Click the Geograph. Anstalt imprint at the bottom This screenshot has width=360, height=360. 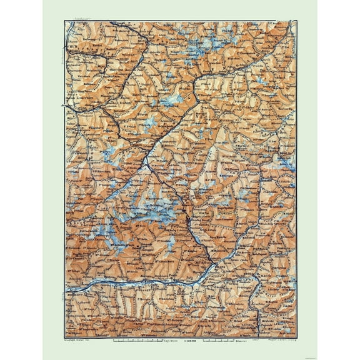pyautogui.click(x=78, y=343)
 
